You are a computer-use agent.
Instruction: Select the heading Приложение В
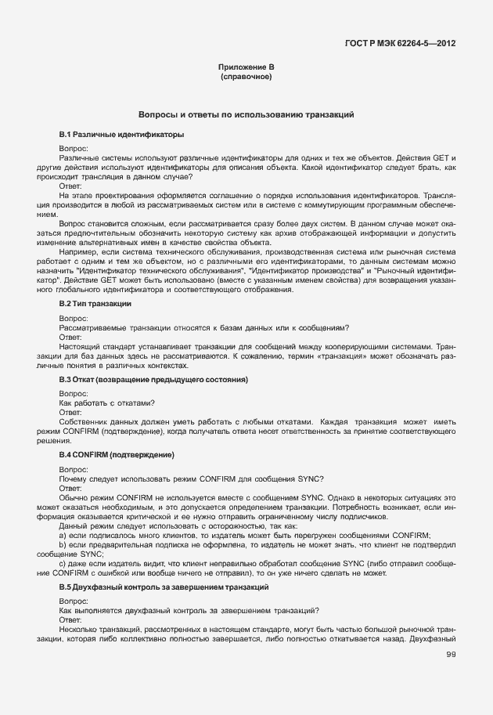246,69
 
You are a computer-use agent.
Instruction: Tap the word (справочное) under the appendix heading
246,78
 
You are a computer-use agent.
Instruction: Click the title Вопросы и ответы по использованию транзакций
246,114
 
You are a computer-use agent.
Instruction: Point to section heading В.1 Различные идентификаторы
110,135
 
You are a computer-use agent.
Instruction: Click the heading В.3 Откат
153,379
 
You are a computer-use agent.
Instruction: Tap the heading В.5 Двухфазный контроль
164,587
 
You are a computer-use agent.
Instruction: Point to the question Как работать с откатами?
106,403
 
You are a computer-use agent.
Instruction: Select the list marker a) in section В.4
63,536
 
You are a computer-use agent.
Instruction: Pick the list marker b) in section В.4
63,544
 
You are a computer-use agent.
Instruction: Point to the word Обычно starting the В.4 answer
76,498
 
